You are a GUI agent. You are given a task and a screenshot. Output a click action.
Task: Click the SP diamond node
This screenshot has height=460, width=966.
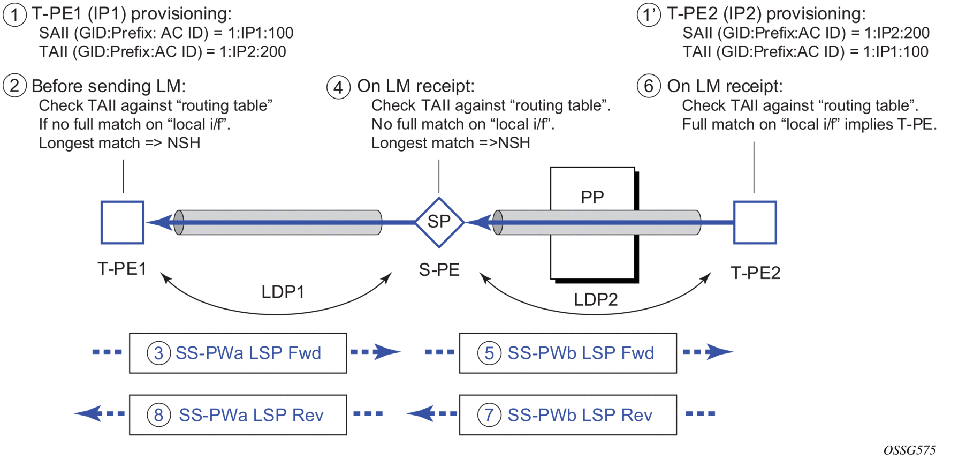439,222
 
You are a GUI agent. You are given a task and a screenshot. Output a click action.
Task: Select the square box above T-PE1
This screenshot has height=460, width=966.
123,222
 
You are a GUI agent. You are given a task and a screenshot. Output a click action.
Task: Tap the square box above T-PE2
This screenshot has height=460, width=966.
755,222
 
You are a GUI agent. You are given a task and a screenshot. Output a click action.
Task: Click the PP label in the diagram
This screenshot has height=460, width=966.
592,197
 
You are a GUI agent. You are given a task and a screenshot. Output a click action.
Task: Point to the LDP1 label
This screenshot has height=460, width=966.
283,292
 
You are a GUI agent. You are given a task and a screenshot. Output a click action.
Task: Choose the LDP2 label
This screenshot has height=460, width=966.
596,299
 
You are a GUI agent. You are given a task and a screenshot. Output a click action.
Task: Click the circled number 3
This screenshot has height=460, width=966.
159,353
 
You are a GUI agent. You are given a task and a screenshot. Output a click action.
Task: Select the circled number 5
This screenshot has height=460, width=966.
489,353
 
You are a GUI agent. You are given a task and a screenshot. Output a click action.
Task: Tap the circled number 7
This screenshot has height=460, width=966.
489,415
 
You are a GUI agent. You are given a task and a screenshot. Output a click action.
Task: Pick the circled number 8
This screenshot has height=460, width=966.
159,415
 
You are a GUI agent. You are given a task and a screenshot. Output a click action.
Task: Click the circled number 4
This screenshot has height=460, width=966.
338,87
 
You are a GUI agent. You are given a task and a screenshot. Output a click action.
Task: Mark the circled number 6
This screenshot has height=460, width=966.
649,86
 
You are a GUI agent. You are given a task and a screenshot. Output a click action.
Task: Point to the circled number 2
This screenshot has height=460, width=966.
14,86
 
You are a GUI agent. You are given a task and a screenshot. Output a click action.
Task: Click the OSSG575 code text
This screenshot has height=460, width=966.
909,450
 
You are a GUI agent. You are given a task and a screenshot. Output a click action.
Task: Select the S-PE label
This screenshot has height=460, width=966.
439,270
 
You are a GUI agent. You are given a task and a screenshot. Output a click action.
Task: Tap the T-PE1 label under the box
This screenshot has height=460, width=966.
122,268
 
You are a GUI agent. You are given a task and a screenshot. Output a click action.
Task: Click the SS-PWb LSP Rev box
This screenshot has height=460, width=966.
568,415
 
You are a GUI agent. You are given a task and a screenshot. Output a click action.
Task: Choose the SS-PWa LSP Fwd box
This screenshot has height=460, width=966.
238,353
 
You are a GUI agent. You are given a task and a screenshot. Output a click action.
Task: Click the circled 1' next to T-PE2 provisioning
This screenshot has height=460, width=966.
649,14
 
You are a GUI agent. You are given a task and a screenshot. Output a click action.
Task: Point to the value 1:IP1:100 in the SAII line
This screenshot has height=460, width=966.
261,33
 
